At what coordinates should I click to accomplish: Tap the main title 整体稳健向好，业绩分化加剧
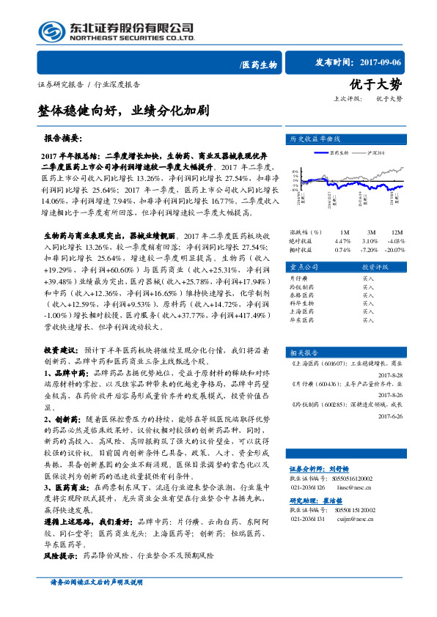tap(123, 111)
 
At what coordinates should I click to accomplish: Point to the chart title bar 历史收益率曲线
tap(316, 138)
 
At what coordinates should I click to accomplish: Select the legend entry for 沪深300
tap(378, 152)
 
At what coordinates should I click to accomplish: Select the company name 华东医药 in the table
tap(301, 319)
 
